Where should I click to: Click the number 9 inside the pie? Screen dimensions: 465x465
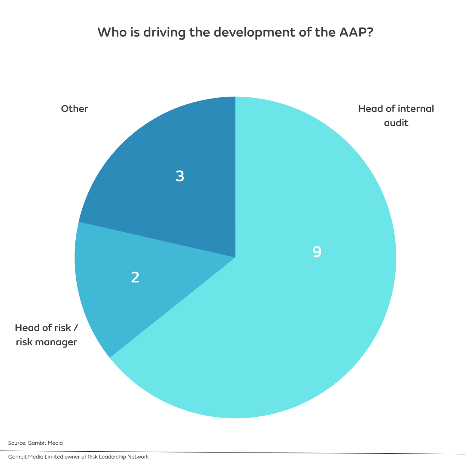(317, 252)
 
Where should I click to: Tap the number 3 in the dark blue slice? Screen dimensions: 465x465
(180, 176)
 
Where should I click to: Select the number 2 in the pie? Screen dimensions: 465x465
(135, 278)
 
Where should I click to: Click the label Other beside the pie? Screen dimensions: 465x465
(74, 108)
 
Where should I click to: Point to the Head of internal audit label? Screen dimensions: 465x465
(396, 115)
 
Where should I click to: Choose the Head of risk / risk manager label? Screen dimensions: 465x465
(46, 335)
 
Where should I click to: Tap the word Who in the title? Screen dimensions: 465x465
(110, 32)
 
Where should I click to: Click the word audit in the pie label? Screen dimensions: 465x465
(397, 123)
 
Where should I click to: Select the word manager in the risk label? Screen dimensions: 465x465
(56, 343)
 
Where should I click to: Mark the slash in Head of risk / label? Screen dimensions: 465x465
(76, 328)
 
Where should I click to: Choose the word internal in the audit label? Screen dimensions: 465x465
(416, 108)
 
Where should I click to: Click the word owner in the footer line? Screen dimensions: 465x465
(65, 457)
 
